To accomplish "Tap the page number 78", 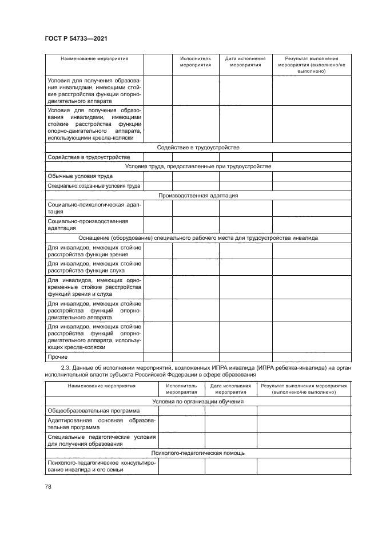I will click(x=47, y=486).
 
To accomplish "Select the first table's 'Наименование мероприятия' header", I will click(x=94, y=58).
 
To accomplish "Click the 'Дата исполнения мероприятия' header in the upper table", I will click(x=245, y=61).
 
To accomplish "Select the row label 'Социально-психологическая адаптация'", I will click(x=90, y=208).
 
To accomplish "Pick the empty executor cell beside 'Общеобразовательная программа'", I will click(x=181, y=411).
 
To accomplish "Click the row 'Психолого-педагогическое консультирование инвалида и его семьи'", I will click(x=101, y=466).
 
